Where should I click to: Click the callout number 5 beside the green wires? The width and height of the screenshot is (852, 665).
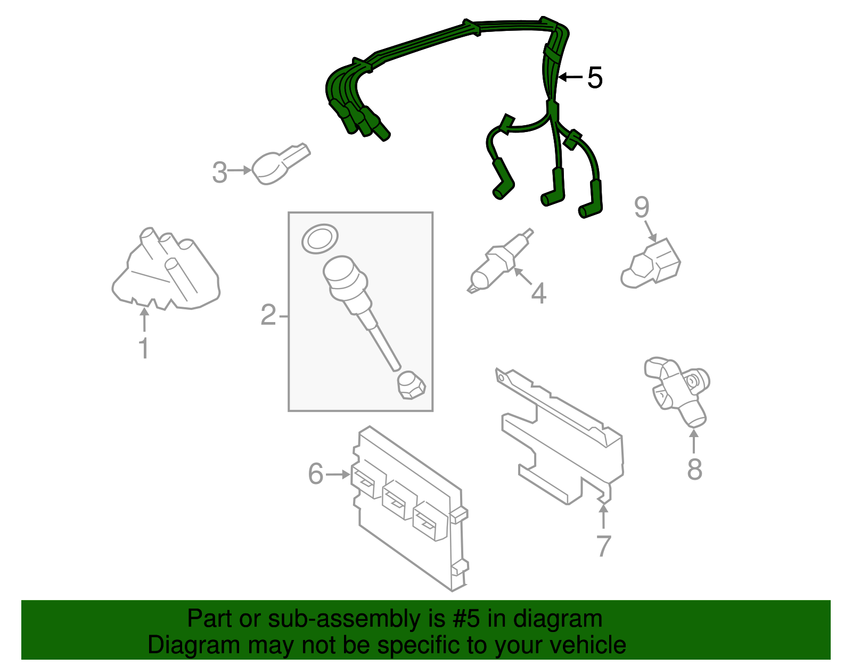click(594, 78)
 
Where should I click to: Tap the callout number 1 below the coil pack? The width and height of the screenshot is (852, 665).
click(144, 348)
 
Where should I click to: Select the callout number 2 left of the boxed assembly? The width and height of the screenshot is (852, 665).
click(268, 315)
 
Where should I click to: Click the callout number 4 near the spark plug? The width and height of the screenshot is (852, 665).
click(539, 293)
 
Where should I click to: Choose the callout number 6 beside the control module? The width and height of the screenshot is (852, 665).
click(316, 474)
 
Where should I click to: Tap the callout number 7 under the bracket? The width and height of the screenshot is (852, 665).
click(604, 546)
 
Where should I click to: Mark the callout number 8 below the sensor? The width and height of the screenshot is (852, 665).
click(694, 469)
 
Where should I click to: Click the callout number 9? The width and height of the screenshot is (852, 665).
click(642, 208)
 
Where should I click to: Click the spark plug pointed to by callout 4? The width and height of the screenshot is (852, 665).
click(500, 260)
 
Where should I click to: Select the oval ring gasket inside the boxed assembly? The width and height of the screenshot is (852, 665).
click(319, 239)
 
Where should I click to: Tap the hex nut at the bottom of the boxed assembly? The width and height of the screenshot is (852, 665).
click(411, 385)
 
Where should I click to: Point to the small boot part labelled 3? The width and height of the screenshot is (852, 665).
click(280, 164)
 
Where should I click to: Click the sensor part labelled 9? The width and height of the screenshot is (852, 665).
click(651, 264)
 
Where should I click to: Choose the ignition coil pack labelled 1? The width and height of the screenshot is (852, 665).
click(166, 269)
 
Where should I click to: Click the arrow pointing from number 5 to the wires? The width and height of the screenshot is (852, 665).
click(570, 77)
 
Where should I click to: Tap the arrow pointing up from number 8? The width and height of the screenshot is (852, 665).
click(694, 441)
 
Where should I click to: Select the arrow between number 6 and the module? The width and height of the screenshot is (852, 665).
click(338, 474)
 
